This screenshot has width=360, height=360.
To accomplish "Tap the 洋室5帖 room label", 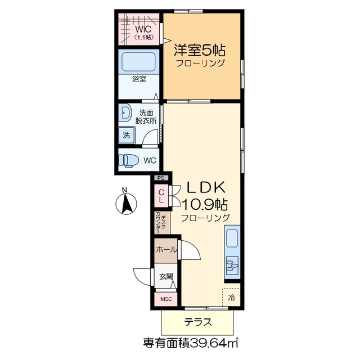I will pyautogui.click(x=199, y=49).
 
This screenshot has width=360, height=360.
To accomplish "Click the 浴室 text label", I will pyautogui.click(x=139, y=80).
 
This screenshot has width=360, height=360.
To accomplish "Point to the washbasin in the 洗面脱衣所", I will pyautogui.click(x=125, y=114).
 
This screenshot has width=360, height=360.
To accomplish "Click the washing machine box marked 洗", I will pyautogui.click(x=127, y=135).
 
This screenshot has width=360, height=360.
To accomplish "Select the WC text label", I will pyautogui.click(x=150, y=161).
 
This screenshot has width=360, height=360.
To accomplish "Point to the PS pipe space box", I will pyautogui.click(x=161, y=178).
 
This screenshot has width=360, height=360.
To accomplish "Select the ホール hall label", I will pyautogui.click(x=166, y=250).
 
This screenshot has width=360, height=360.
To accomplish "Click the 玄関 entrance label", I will pyautogui.click(x=166, y=276).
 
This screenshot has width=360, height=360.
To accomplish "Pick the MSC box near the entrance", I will pyautogui.click(x=166, y=299).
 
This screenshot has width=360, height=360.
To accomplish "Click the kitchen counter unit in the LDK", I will pyautogui.click(x=232, y=253).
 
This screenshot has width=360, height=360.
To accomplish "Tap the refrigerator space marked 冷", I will pyautogui.click(x=231, y=298).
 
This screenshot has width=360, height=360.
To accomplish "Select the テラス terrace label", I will pyautogui.click(x=198, y=323).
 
